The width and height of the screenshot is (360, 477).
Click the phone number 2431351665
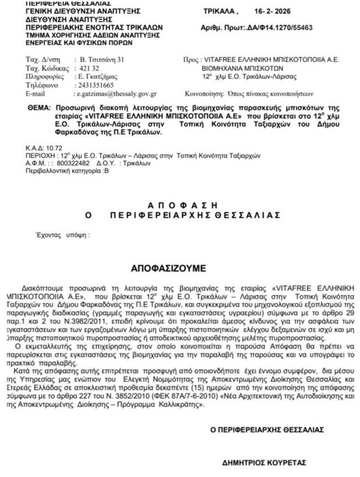pos(95,86)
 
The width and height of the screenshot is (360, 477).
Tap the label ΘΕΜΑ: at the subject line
pos(38,108)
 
